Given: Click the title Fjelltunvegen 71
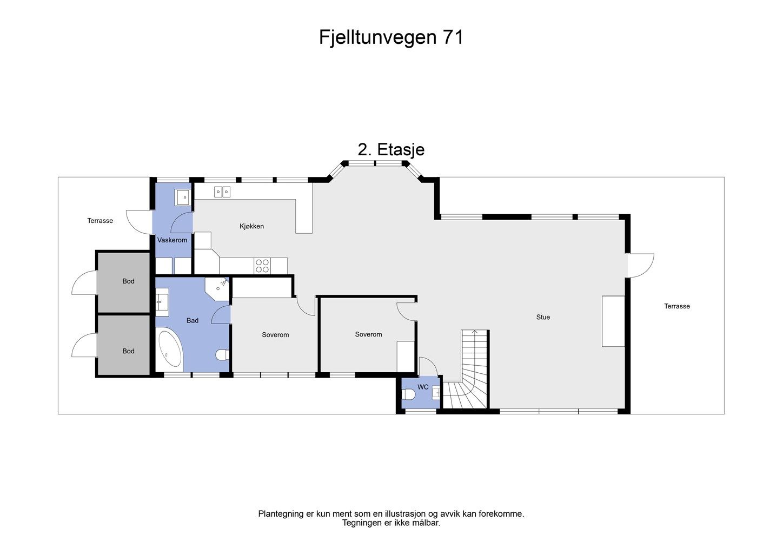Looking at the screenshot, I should [x=391, y=37].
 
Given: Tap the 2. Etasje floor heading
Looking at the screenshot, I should [x=391, y=149].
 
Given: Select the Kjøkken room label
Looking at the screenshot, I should [x=251, y=226].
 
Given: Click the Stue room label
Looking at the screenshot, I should [x=543, y=317].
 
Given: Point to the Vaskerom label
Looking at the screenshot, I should [x=172, y=240].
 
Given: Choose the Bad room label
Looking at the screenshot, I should [x=193, y=320].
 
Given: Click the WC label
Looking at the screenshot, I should [x=423, y=387].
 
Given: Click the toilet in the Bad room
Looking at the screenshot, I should [x=222, y=355].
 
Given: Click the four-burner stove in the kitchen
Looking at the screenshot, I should [x=262, y=266].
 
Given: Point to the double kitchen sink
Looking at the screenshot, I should [x=222, y=192].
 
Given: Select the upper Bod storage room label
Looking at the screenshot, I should [x=128, y=281].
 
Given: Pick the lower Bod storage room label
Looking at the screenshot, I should [x=128, y=351].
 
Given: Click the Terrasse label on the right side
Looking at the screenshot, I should [x=677, y=306].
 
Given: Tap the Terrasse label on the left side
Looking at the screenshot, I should [x=100, y=221].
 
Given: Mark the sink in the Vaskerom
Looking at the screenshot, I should [x=183, y=197].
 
